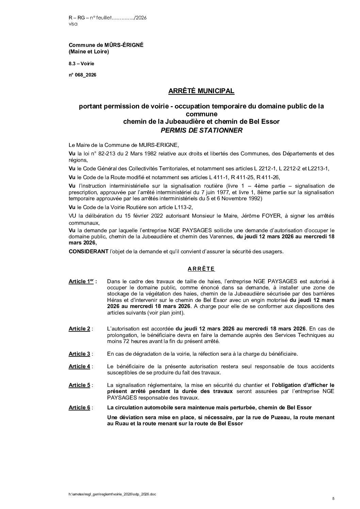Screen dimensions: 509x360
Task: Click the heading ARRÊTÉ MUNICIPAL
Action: click(x=201, y=91)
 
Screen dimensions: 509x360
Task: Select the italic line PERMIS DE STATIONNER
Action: click(x=201, y=131)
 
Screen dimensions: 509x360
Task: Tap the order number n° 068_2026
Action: click(x=82, y=75)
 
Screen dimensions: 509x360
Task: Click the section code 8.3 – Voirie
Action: click(x=82, y=64)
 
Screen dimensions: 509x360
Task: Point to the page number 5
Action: click(x=333, y=498)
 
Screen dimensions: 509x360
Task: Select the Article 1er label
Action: click(x=82, y=282)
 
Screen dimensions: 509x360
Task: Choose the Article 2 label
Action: click(x=79, y=328)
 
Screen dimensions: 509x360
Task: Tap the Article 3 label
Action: click(x=79, y=354)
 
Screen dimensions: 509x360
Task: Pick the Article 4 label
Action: click(x=79, y=366)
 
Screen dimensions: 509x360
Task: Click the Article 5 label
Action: click(x=79, y=385)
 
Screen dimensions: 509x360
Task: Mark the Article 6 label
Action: click(x=79, y=407)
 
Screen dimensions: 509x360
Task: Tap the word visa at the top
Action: click(x=73, y=24)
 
